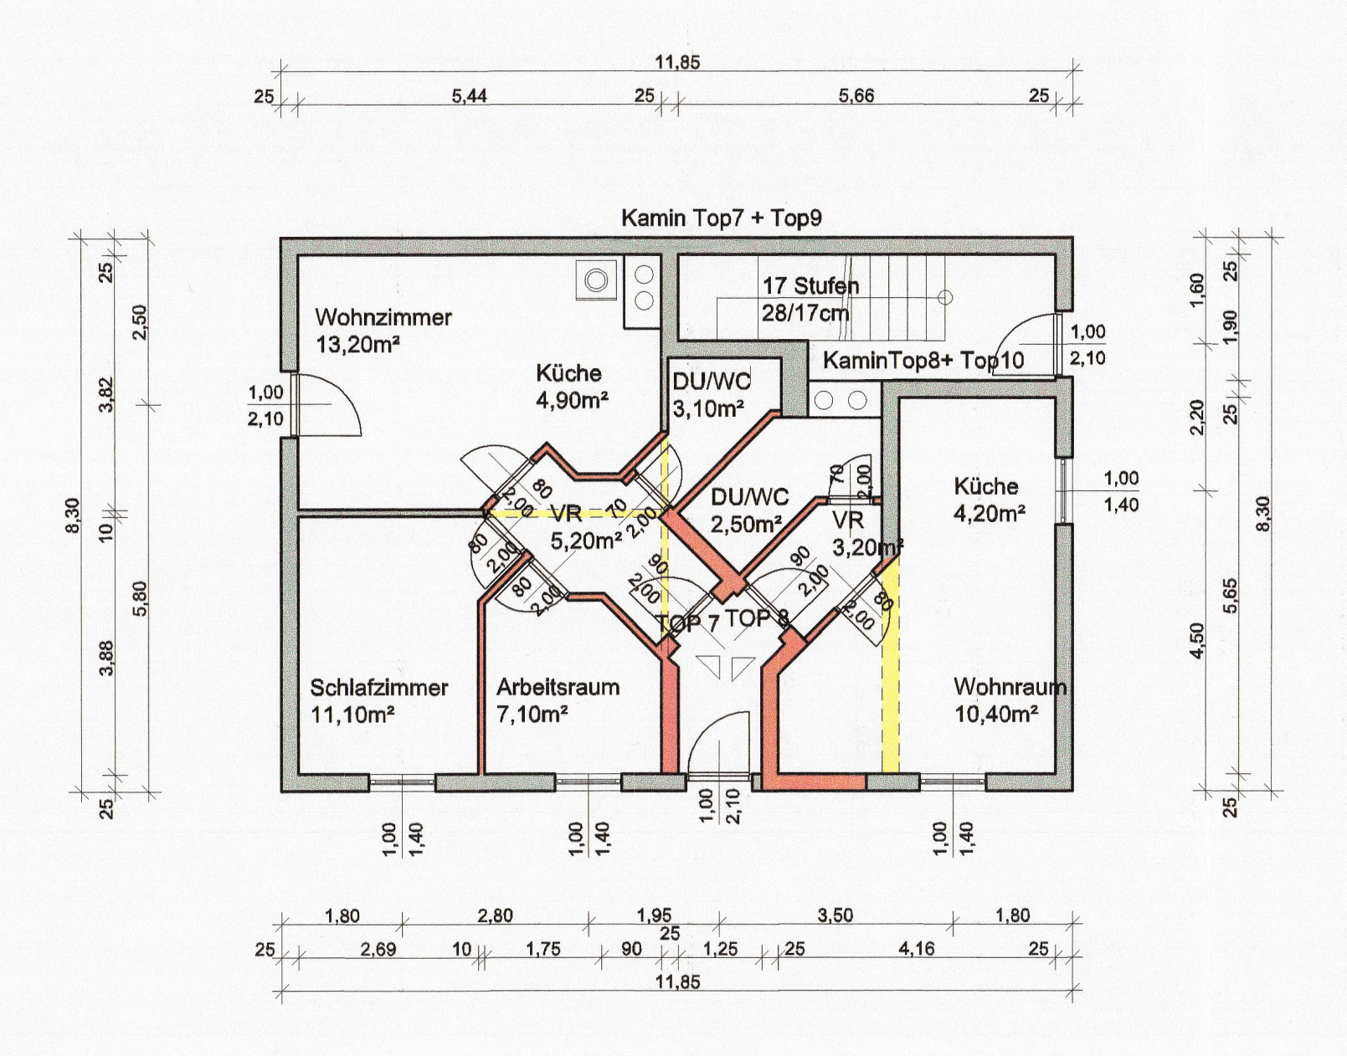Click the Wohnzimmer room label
click(x=383, y=317)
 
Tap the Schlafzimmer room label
click(x=378, y=688)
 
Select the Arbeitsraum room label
click(x=558, y=688)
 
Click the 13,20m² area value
click(x=357, y=345)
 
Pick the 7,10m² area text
click(x=532, y=715)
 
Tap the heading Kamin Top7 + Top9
click(x=722, y=218)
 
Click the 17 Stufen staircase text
click(x=811, y=286)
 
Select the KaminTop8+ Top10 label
click(x=923, y=360)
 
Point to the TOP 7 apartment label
click(x=686, y=623)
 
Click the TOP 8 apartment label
click(x=757, y=618)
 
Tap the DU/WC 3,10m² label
click(x=712, y=394)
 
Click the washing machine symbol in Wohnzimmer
click(x=597, y=280)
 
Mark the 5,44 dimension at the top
click(x=470, y=96)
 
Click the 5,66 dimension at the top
click(x=856, y=96)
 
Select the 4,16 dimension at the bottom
click(x=916, y=949)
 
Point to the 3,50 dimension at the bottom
click(x=835, y=915)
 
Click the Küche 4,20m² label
click(x=990, y=500)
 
